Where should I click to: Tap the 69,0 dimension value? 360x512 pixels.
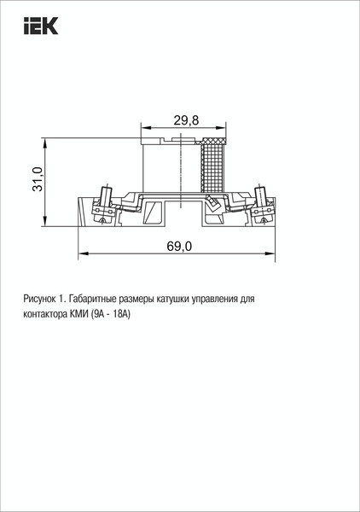(x=179, y=247)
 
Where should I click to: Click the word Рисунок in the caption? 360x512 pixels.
(x=41, y=300)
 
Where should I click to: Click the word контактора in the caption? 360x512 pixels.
(x=48, y=313)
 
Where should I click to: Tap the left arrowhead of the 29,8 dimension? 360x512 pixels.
(x=142, y=128)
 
